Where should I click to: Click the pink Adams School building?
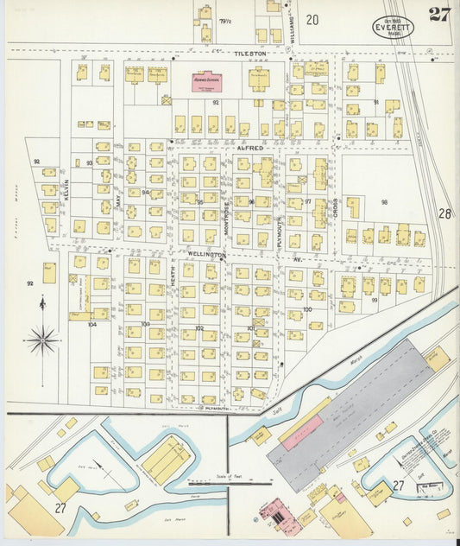pos(206,83)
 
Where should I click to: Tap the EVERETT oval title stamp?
pos(394,28)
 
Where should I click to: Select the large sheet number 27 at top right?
pos(439,15)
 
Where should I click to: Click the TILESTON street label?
pos(252,54)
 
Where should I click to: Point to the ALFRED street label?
pos(250,148)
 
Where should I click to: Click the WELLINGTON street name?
pos(207,256)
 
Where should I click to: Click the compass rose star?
pos(42,339)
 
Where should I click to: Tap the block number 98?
pos(384,203)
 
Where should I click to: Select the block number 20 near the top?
pos(312,19)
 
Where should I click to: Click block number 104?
pos(92,325)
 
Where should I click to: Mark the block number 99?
pos(375,300)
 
